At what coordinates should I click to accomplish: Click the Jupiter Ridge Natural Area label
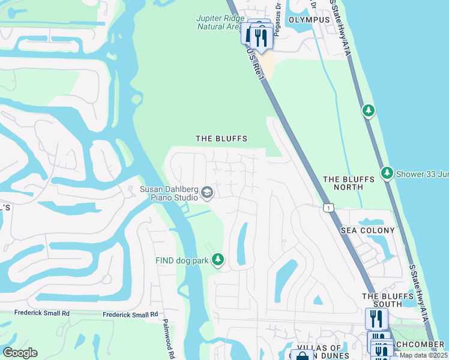click(x=220, y=22)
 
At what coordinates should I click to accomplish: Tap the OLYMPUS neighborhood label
click(x=309, y=20)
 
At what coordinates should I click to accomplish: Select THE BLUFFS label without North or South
click(x=221, y=139)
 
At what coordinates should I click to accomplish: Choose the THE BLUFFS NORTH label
click(x=351, y=183)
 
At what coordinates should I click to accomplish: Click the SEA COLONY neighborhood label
click(x=368, y=230)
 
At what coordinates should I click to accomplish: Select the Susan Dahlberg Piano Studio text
click(x=169, y=193)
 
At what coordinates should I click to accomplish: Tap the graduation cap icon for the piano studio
click(x=207, y=192)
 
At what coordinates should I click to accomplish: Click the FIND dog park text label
click(x=181, y=260)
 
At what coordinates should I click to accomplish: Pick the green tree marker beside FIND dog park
click(x=218, y=260)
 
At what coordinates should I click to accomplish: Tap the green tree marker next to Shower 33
click(x=387, y=173)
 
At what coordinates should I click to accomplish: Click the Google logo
click(x=20, y=353)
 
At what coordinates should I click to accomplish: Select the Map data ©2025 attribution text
click(x=423, y=355)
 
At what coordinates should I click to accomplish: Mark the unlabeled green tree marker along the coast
click(x=369, y=110)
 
